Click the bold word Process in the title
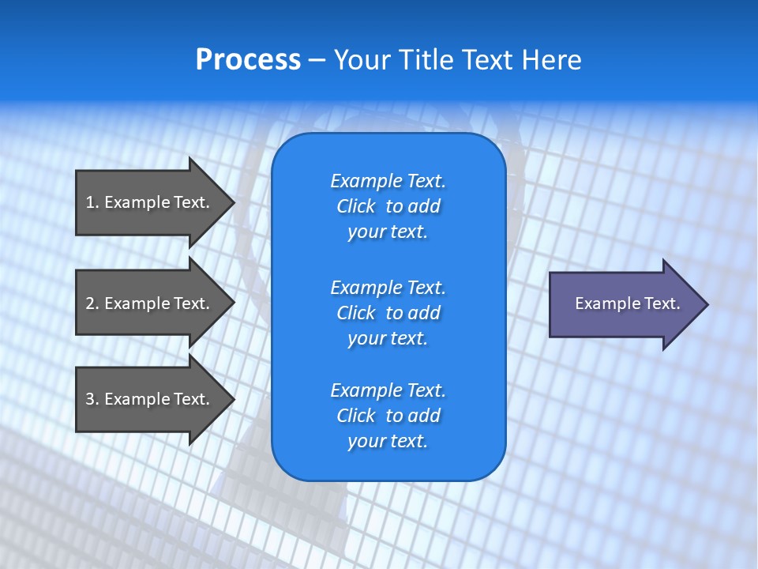pos(248,60)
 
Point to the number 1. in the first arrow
pos(92,202)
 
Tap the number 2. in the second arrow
pos(92,303)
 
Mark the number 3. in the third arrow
pos(92,399)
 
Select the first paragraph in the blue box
pos(388,206)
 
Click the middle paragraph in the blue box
pos(388,312)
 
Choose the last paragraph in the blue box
pos(388,416)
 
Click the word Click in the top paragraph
pos(355,206)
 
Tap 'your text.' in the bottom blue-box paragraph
pos(388,441)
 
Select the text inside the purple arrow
pos(627,303)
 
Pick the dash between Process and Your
pos(317,61)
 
